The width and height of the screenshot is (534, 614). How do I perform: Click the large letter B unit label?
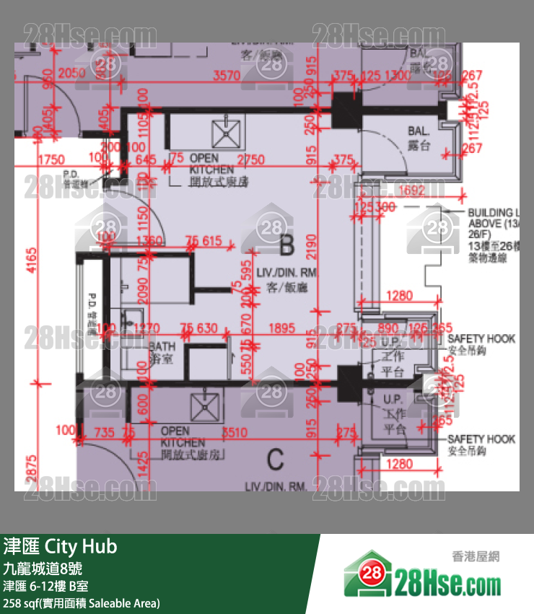(x=286, y=247)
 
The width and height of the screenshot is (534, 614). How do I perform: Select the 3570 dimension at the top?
(x=227, y=74)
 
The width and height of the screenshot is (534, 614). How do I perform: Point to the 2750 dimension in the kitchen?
(x=250, y=159)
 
